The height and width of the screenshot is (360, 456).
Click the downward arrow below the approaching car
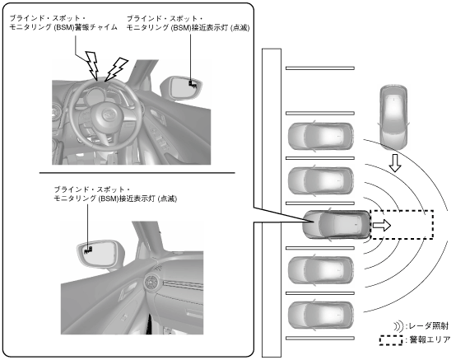click(395, 163)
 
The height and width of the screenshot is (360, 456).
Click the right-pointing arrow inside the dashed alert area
click(382, 225)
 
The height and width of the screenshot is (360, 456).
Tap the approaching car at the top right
click(393, 117)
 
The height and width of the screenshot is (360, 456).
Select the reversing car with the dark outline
click(337, 225)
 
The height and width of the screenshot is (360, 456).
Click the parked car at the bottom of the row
click(321, 316)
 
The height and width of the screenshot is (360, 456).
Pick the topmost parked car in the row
click(321, 136)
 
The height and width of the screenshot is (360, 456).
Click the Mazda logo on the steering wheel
click(108, 115)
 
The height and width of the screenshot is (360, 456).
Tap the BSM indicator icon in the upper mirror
click(193, 83)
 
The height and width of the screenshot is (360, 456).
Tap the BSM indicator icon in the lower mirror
click(88, 250)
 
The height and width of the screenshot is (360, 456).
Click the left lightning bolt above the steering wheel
click(92, 65)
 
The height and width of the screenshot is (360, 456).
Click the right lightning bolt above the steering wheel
click(117, 69)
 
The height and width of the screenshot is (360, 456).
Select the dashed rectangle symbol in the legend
click(392, 340)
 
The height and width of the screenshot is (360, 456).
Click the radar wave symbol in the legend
click(398, 326)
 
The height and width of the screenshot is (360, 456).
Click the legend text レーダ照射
click(429, 326)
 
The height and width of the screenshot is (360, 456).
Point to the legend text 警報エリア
click(430, 339)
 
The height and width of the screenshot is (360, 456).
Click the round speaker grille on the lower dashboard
click(151, 282)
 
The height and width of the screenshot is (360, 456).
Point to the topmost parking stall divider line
click(320, 68)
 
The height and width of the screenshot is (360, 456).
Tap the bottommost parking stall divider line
click(320, 339)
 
